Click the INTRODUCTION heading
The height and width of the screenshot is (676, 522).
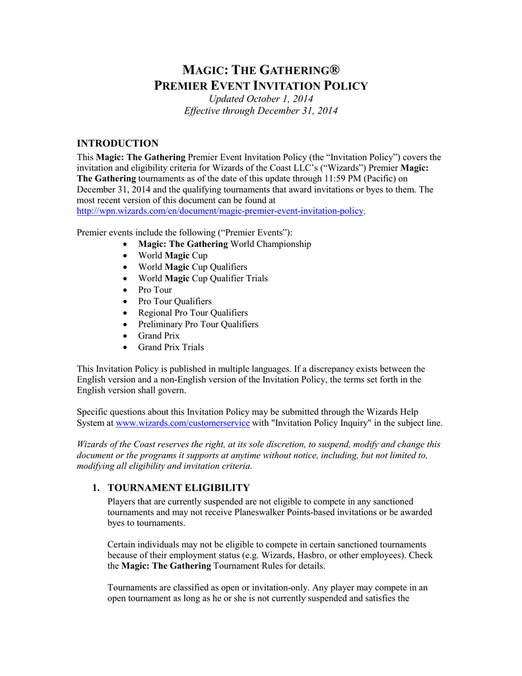117,143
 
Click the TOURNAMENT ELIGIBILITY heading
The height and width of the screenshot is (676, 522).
178,488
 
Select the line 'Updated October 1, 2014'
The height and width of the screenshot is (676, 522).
261,98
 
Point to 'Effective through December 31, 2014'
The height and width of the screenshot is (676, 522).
261,111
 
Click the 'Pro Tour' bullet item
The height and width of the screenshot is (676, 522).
154,290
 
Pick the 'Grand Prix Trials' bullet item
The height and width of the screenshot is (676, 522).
170,347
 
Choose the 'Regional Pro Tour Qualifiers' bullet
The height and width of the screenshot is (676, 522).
193,313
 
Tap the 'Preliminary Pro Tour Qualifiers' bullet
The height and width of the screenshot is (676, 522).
198,324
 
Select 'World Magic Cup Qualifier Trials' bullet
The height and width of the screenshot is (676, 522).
203,279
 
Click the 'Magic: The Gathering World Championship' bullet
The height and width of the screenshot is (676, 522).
224,244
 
